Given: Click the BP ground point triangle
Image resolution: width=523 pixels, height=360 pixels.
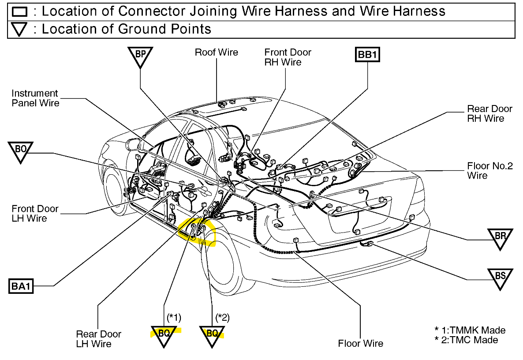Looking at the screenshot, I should [x=140, y=56].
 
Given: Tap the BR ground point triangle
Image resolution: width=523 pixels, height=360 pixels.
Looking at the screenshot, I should [x=500, y=237].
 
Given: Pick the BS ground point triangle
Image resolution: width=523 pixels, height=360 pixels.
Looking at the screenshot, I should [x=500, y=277].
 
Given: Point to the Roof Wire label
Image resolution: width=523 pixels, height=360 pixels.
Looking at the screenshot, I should [x=216, y=52].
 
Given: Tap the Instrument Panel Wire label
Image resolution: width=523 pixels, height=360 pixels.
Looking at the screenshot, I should [x=35, y=98].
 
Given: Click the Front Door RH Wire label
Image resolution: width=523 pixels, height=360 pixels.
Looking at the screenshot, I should [x=288, y=57].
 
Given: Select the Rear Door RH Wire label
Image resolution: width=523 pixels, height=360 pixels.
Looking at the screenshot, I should [x=489, y=113].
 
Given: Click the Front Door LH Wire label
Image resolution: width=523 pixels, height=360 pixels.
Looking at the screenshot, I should [x=35, y=214].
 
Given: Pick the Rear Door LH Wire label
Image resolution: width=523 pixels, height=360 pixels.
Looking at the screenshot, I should [x=98, y=339].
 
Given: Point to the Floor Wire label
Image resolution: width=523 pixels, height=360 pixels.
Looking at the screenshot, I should [x=360, y=343].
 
